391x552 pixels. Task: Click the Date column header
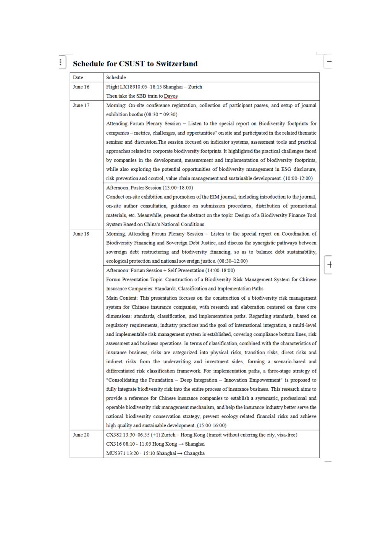pos(78,77)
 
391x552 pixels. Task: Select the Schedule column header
pos(116,77)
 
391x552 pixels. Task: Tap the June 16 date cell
pos(81,87)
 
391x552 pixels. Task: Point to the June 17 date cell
pos(81,105)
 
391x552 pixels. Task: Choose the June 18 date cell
pos(81,234)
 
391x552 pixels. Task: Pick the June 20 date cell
pos(81,435)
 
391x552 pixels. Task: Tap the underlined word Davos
pos(171,96)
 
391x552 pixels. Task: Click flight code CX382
pos(114,435)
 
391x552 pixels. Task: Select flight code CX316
pos(114,444)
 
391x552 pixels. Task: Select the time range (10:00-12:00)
pos(298,178)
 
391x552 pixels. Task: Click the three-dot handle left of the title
pos(61,62)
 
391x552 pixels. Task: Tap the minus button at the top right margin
pos(329,61)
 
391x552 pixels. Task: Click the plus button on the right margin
pos(329,265)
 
